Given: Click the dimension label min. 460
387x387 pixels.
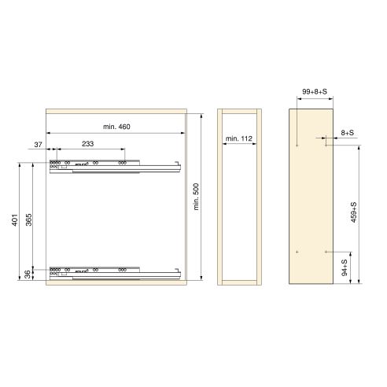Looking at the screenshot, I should [116, 127].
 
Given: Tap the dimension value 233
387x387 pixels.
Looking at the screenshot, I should [87, 143].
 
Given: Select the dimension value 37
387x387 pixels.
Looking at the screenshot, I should [37, 143].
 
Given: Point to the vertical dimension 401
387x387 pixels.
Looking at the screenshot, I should [14, 220].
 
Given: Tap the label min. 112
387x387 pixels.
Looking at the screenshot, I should [238, 138].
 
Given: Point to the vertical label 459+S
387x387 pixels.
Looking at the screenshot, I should [354, 212].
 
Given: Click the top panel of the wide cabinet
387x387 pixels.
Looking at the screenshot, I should [116, 111].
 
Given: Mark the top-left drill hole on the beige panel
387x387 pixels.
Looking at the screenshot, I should [295, 145].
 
